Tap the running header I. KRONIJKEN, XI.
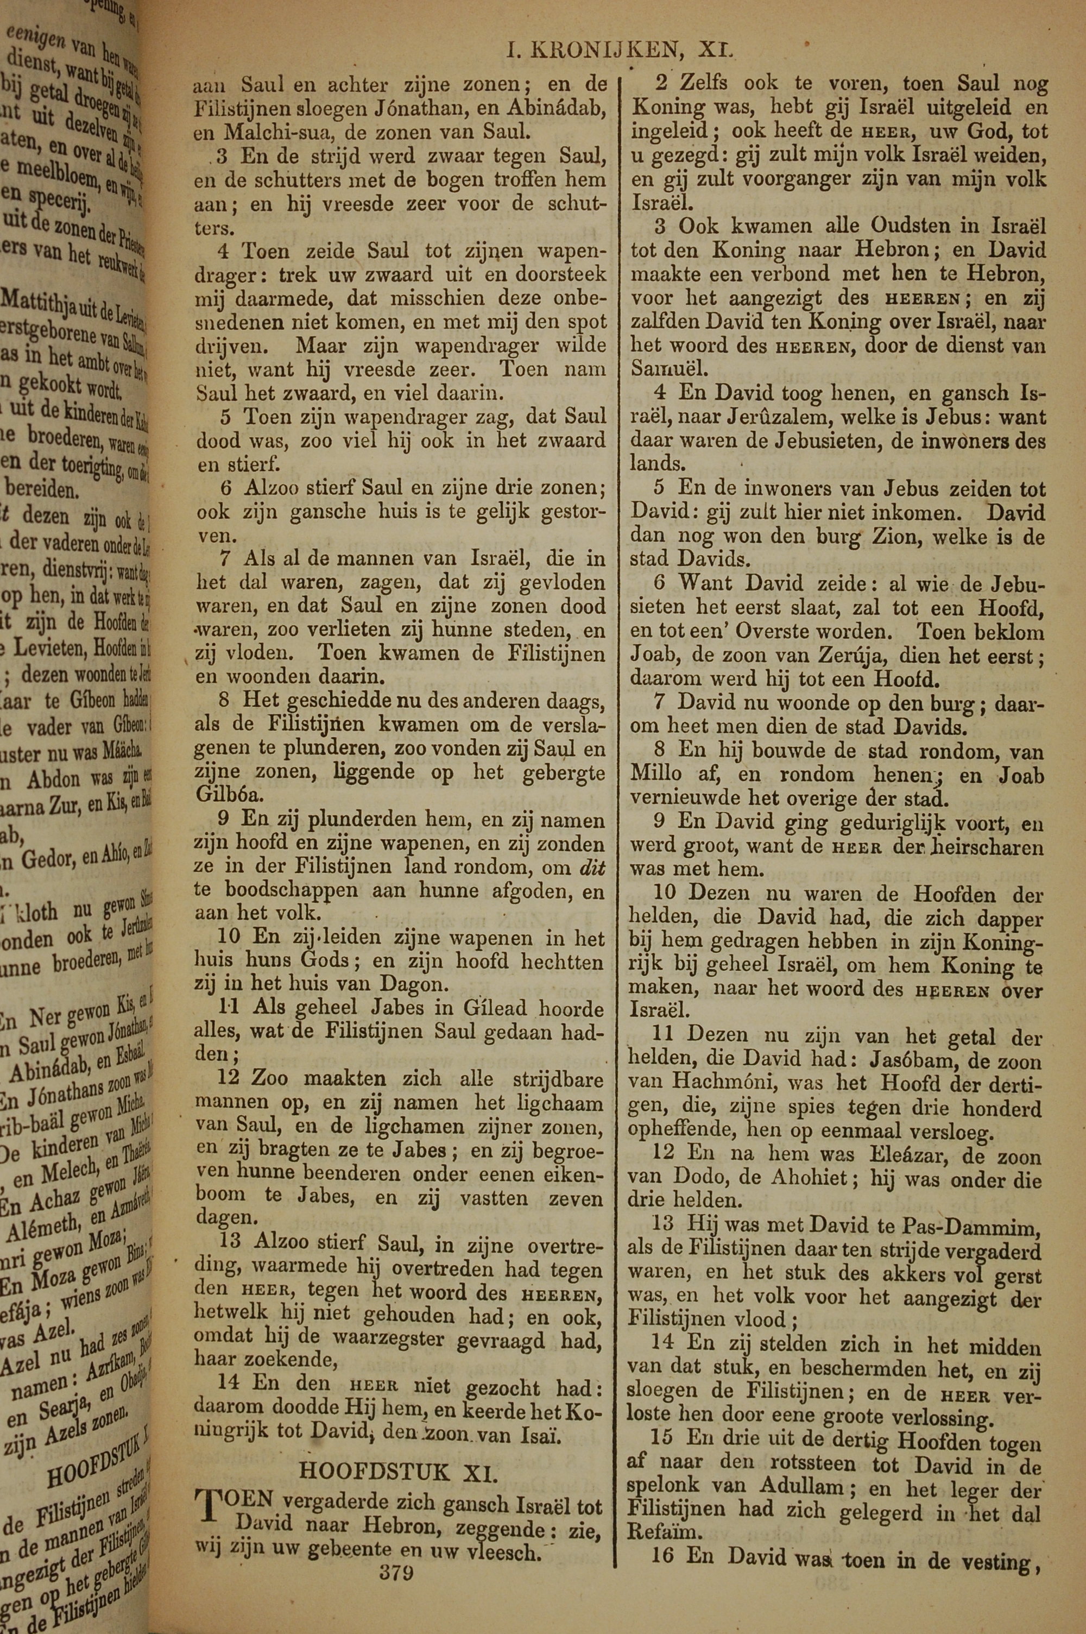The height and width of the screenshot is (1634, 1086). coord(618,50)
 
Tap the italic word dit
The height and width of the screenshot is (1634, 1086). coord(591,866)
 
